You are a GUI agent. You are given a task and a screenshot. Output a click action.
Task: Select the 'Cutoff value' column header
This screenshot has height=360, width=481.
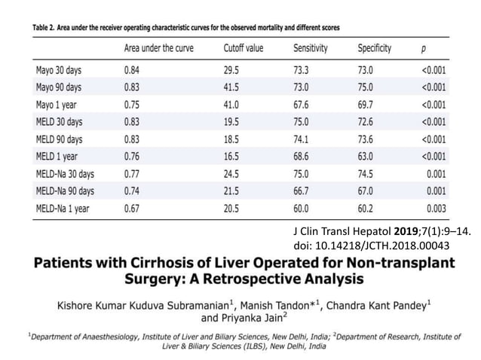click(x=243, y=48)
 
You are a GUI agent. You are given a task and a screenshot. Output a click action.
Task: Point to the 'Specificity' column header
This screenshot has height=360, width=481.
click(x=375, y=48)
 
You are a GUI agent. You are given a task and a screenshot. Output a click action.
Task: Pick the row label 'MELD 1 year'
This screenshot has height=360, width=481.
click(x=57, y=157)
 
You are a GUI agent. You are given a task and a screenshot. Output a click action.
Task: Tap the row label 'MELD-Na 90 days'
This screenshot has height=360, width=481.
click(x=66, y=192)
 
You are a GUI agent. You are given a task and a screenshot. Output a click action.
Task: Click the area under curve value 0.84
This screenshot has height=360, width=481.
click(x=133, y=69)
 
